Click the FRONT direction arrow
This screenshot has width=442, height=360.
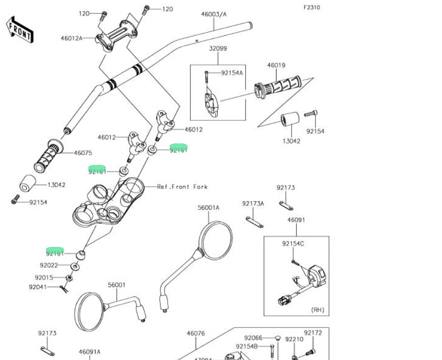click(x=20, y=29)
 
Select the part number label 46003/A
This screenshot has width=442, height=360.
click(x=214, y=14)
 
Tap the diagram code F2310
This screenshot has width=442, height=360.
click(x=312, y=8)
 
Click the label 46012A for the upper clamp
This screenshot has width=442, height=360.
click(x=71, y=38)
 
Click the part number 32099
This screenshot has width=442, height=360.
click(x=218, y=49)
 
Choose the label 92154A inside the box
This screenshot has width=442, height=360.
click(x=232, y=73)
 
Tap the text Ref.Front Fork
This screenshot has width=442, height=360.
click(x=182, y=187)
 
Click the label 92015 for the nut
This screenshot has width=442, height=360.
click(x=44, y=278)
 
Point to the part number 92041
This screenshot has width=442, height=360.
click(x=38, y=287)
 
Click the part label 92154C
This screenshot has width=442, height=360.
click(x=293, y=244)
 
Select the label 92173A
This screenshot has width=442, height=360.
click(x=253, y=204)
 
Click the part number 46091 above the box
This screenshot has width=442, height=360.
click(x=296, y=220)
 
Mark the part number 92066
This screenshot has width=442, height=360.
click(x=253, y=337)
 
